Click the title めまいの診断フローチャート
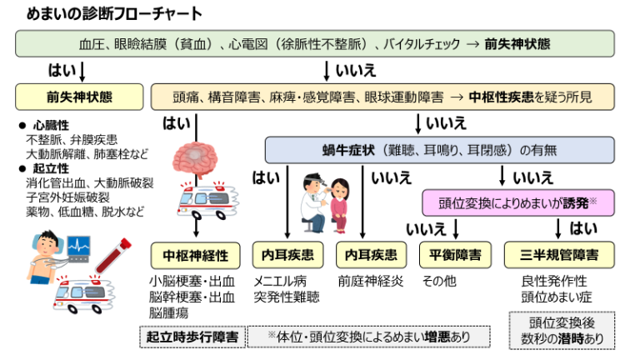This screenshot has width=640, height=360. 108,14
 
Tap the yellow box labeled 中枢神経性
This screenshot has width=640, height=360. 194,254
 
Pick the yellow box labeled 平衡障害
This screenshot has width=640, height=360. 454,254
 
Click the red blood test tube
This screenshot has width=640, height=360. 113,254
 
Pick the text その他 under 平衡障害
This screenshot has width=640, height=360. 439,281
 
